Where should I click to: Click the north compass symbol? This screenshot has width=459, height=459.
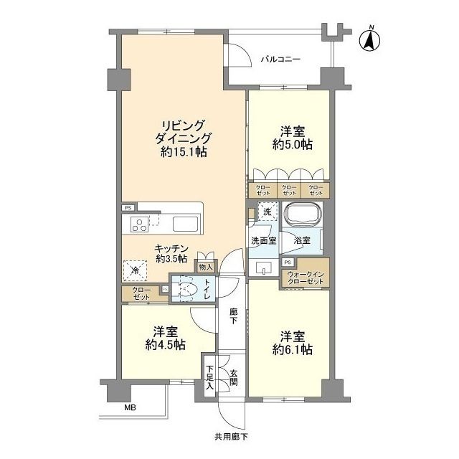coord(369,39)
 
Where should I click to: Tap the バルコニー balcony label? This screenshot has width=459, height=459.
coord(280,60)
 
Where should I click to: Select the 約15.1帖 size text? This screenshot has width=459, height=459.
coord(184,152)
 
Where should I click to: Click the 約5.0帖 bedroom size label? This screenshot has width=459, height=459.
coord(293,145)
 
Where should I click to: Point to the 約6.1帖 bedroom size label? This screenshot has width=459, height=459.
coord(293,349)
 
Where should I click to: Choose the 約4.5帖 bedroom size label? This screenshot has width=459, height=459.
coord(166,345)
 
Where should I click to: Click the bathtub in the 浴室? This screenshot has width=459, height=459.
coord(303,215)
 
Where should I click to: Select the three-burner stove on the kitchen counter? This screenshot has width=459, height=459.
coord(139,224)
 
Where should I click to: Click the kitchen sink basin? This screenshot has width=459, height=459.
coord(185,224)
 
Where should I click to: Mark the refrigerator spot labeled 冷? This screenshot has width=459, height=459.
coord(136,270)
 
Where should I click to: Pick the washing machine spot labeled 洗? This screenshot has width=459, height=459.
coord(267,212)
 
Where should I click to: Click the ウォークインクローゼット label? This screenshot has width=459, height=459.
coord(306,278)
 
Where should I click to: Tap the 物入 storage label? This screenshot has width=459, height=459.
coord(206,267)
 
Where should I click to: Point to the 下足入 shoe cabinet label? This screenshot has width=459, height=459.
coord(209,377)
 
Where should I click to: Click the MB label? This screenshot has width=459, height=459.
coord(131,407)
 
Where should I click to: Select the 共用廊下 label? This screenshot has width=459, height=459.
coord(231,437)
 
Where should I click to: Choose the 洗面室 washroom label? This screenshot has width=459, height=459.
coord(264,241)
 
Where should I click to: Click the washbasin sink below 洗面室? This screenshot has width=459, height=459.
coord(263,268)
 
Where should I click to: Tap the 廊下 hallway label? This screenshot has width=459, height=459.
coord(233,316)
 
